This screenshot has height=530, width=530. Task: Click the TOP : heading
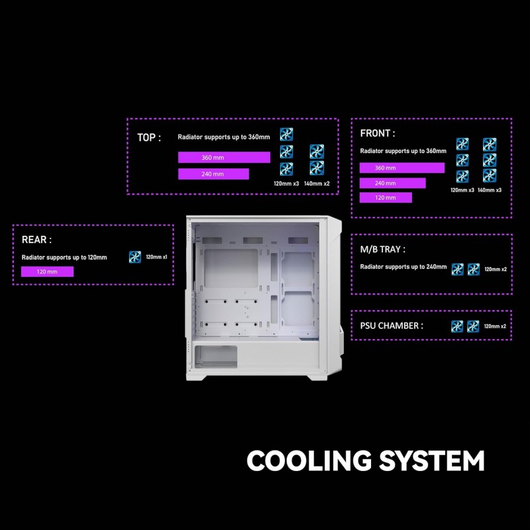[148, 138]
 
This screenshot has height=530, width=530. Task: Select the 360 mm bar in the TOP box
[224, 158]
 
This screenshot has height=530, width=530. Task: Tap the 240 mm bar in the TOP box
[213, 174]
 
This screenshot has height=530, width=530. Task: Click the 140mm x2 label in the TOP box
[317, 184]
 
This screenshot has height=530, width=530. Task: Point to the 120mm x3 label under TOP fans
[286, 184]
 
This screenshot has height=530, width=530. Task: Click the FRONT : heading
[377, 134]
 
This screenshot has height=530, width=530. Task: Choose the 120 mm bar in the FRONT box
[386, 197]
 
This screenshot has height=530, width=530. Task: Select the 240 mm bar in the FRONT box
[392, 184]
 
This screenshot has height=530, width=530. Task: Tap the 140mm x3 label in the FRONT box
[490, 190]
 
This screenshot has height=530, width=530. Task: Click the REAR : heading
[36, 240]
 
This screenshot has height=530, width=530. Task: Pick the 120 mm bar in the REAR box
[47, 272]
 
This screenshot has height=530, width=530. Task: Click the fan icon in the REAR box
[135, 257]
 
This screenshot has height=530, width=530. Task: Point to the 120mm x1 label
[156, 257]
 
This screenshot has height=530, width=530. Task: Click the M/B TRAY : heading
[383, 250]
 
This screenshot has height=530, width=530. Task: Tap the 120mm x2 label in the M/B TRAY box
[496, 270]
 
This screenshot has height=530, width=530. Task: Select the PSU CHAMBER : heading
[392, 326]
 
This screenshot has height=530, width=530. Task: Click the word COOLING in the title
[309, 460]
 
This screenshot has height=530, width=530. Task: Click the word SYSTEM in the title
[432, 460]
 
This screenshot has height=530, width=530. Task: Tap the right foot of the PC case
[317, 378]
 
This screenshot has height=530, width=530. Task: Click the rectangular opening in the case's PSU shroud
[216, 357]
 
